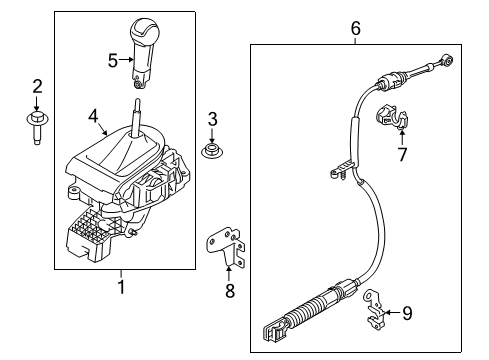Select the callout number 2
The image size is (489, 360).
pyautogui.click(x=36, y=86)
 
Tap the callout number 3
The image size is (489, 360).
pyautogui.click(x=211, y=121)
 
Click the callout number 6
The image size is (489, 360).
pyautogui.click(x=355, y=29)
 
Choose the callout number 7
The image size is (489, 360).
pyautogui.click(x=402, y=156)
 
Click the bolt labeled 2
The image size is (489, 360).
pyautogui.click(x=36, y=126)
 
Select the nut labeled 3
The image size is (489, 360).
pyautogui.click(x=211, y=152)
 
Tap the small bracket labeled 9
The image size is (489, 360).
pyautogui.click(x=374, y=304)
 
